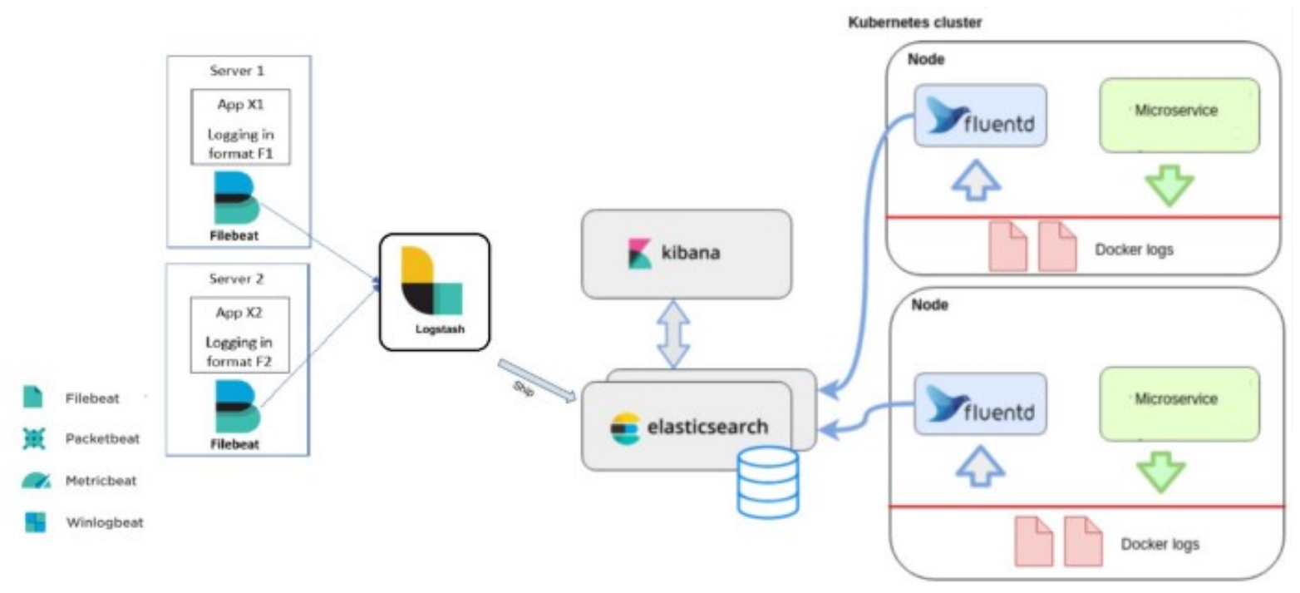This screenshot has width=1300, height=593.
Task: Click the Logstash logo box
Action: pyautogui.click(x=434, y=290)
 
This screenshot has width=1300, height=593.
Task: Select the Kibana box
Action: pyautogui.click(x=686, y=254)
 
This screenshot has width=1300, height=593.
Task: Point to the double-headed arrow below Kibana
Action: pyautogui.click(x=674, y=333)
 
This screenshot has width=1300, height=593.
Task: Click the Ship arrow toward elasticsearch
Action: pyautogui.click(x=537, y=383)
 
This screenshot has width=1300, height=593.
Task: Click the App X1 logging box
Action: pyautogui.click(x=240, y=126)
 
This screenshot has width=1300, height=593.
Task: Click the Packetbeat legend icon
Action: pyautogui.click(x=34, y=438)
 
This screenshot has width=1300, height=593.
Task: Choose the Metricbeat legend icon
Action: pyautogui.click(x=34, y=481)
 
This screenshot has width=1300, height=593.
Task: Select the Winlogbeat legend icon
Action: pyautogui.click(x=34, y=522)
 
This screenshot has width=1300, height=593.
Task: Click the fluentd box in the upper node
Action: pyautogui.click(x=979, y=116)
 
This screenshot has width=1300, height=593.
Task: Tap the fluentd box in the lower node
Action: pyautogui.click(x=979, y=404)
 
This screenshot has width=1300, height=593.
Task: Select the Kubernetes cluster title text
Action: pyautogui.click(x=914, y=22)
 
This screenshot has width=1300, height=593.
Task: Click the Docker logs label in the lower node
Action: pyautogui.click(x=1160, y=545)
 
